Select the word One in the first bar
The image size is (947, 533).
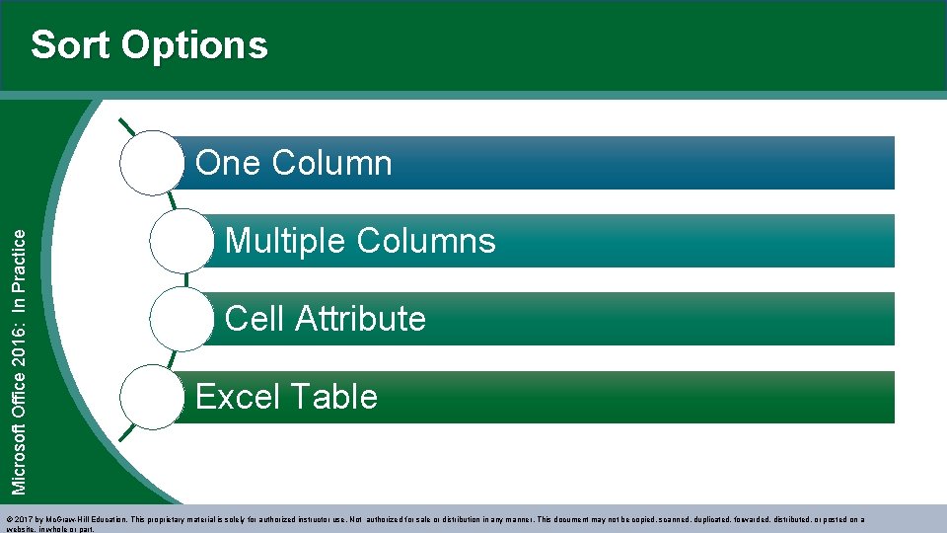[x=226, y=163]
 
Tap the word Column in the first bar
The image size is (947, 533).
[x=329, y=163]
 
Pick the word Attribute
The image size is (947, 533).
[x=360, y=319]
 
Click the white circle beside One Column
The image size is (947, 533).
[x=152, y=164]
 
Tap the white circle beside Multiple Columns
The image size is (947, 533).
[x=182, y=241]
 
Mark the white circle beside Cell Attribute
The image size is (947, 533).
[x=182, y=319]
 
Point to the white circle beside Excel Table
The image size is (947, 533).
[x=152, y=397]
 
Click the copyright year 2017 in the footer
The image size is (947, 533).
[x=25, y=518]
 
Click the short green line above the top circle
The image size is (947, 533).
[x=127, y=127]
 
